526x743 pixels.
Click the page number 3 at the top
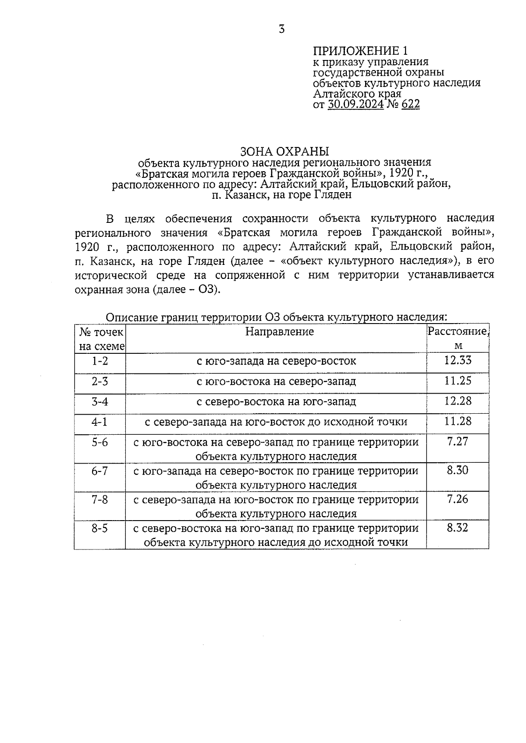[x=281, y=30]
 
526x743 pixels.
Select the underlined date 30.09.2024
[x=355, y=104]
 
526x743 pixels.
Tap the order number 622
[x=410, y=104]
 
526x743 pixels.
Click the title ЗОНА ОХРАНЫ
[x=284, y=151]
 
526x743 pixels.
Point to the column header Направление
[x=279, y=331]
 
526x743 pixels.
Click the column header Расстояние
[x=458, y=331]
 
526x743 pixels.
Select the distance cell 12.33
[x=458, y=360]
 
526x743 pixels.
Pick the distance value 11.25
[x=458, y=380]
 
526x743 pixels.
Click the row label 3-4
[x=100, y=401]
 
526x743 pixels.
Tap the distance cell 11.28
[x=458, y=421]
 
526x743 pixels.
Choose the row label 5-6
[x=100, y=442]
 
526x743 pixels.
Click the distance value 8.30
[x=458, y=470]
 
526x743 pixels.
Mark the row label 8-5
[x=100, y=528]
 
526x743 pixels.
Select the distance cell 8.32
[x=458, y=528]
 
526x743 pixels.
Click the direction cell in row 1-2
[x=276, y=361]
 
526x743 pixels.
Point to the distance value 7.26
[x=458, y=499]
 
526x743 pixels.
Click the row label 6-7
[x=100, y=471]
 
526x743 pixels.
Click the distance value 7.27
[x=458, y=441]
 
